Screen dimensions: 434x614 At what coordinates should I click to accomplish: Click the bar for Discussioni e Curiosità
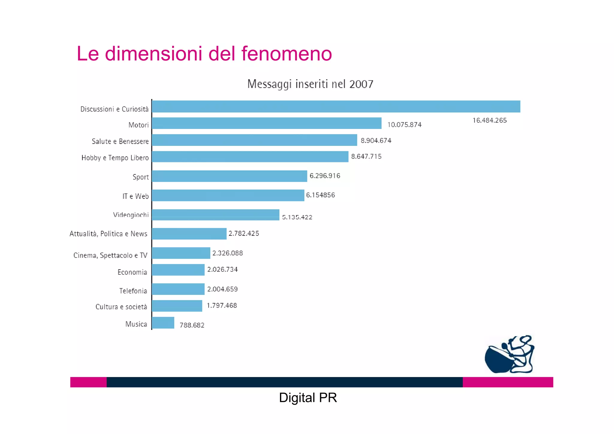tap(336, 106)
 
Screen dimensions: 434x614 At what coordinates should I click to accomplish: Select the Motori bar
tap(267, 123)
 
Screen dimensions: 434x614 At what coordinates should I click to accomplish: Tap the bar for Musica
tap(163, 323)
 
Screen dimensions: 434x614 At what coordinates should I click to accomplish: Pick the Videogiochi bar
tap(216, 215)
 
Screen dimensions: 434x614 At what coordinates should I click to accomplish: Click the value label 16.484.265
tap(489, 121)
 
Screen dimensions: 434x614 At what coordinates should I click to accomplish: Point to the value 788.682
tap(192, 325)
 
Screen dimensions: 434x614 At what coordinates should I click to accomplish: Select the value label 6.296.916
tap(325, 176)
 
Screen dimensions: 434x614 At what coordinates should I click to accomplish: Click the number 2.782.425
tap(244, 233)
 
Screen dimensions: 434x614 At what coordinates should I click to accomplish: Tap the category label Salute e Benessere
tap(120, 141)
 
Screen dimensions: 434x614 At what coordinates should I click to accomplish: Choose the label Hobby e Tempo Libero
tap(115, 158)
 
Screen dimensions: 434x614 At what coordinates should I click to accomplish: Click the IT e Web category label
tap(135, 196)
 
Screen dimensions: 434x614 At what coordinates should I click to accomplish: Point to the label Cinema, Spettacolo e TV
tap(110, 255)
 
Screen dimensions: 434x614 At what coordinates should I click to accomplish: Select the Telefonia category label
tap(133, 291)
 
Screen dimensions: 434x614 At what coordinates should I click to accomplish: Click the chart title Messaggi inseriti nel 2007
tap(310, 84)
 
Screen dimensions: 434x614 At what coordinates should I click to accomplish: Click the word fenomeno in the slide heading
tap(287, 54)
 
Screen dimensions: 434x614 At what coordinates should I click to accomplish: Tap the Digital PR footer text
tap(308, 398)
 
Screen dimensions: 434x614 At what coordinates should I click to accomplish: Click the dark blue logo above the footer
tap(509, 355)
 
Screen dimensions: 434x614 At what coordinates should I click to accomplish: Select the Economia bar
tap(178, 270)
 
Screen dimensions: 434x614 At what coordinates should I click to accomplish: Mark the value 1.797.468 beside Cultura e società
tap(222, 305)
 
